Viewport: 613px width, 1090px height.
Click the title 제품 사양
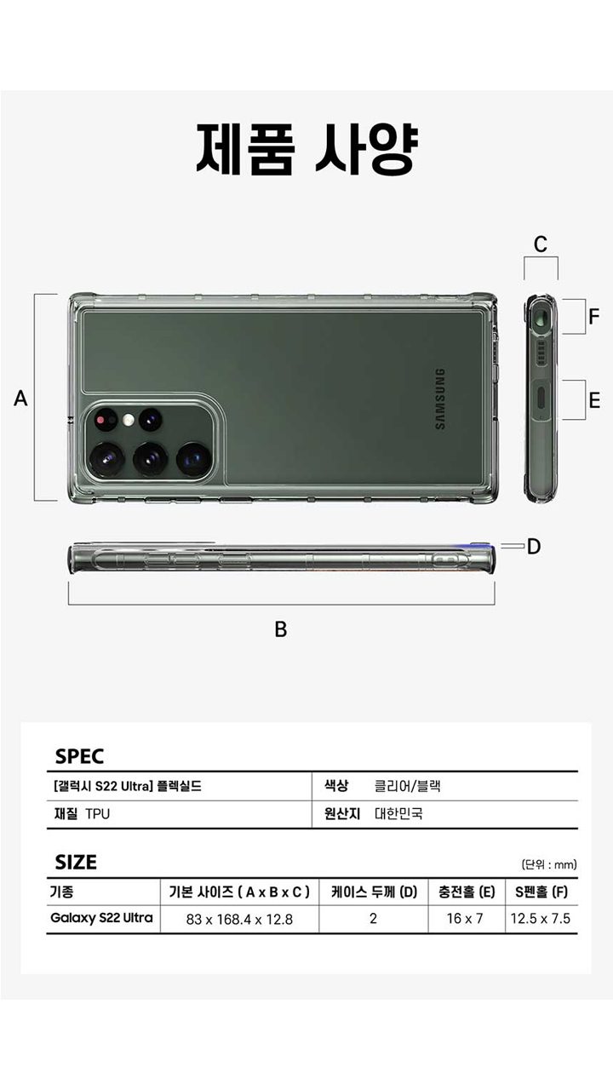pyautogui.click(x=306, y=148)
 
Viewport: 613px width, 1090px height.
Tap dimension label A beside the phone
pyautogui.click(x=21, y=398)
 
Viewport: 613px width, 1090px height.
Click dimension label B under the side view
pyautogui.click(x=280, y=629)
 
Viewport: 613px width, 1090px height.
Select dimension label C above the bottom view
pyautogui.click(x=541, y=244)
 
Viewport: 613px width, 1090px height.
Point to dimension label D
pyautogui.click(x=534, y=547)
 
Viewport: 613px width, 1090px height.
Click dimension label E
pyautogui.click(x=594, y=400)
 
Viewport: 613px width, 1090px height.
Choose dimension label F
pyautogui.click(x=594, y=317)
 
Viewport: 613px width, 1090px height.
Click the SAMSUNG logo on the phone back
pyautogui.click(x=439, y=399)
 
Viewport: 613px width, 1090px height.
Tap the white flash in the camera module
pyautogui.click(x=129, y=419)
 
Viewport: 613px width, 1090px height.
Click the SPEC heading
pyautogui.click(x=79, y=756)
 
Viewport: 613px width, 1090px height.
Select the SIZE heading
pyautogui.click(x=76, y=862)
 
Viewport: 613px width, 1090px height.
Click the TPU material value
pyautogui.click(x=97, y=813)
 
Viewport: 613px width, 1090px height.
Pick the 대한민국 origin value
pyautogui.click(x=398, y=813)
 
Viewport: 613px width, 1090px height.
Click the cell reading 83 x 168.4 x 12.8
pyautogui.click(x=239, y=919)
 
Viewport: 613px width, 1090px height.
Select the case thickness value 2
pyautogui.click(x=373, y=919)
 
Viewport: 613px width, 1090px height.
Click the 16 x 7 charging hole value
pyautogui.click(x=465, y=919)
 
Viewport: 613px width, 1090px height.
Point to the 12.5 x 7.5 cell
pyautogui.click(x=541, y=919)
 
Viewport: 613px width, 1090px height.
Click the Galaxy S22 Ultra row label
pyautogui.click(x=102, y=918)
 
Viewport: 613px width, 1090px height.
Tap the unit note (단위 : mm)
pyautogui.click(x=549, y=864)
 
